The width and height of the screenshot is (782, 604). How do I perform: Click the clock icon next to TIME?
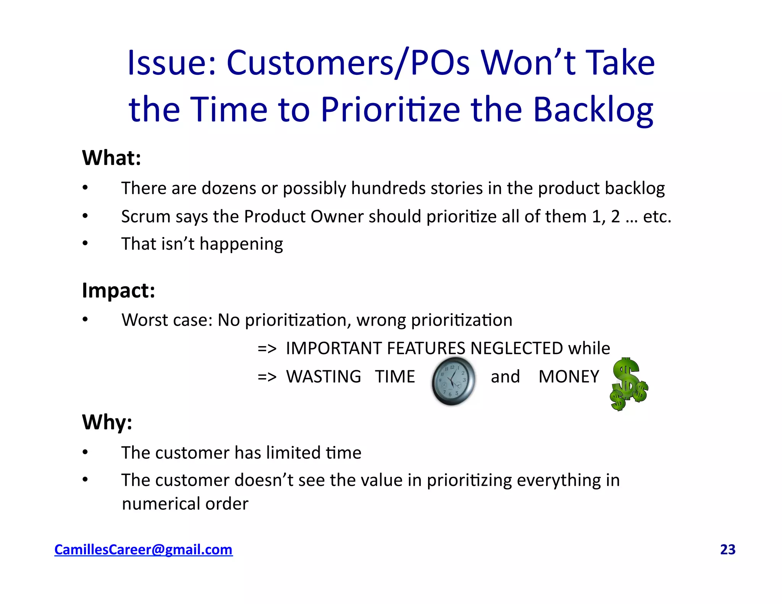click(453, 381)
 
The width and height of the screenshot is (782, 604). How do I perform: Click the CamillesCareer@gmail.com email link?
click(143, 549)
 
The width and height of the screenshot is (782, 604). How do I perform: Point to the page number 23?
click(727, 549)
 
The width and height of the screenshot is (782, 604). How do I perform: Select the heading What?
click(111, 158)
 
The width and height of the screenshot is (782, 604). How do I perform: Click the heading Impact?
click(118, 290)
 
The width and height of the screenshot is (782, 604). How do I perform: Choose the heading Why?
click(107, 422)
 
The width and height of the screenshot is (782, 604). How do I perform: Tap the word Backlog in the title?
click(593, 109)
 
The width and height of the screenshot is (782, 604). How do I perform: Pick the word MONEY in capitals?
click(569, 376)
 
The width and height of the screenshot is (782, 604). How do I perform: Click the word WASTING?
click(323, 376)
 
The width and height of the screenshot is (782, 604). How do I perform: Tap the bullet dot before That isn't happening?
click(85, 243)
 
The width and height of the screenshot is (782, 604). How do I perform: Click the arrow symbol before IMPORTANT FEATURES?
click(267, 349)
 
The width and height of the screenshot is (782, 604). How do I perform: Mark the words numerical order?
click(185, 504)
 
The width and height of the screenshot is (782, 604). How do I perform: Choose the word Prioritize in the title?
click(390, 109)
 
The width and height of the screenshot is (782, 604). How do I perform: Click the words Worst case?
click(167, 320)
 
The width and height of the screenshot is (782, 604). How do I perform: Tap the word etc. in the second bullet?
click(657, 216)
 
